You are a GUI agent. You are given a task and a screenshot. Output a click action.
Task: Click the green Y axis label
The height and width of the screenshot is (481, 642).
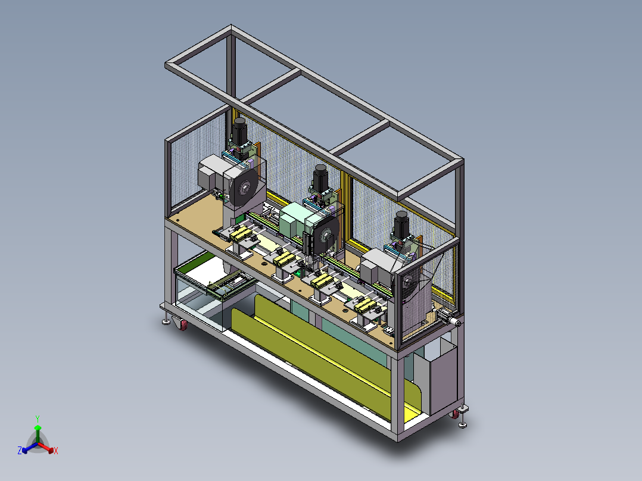38,418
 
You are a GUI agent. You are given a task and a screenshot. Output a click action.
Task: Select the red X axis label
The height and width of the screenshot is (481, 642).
56,451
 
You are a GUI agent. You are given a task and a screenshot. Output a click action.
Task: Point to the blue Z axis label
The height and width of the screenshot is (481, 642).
20,450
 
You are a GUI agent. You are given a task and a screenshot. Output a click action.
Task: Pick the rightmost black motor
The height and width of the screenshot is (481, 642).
401,224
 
